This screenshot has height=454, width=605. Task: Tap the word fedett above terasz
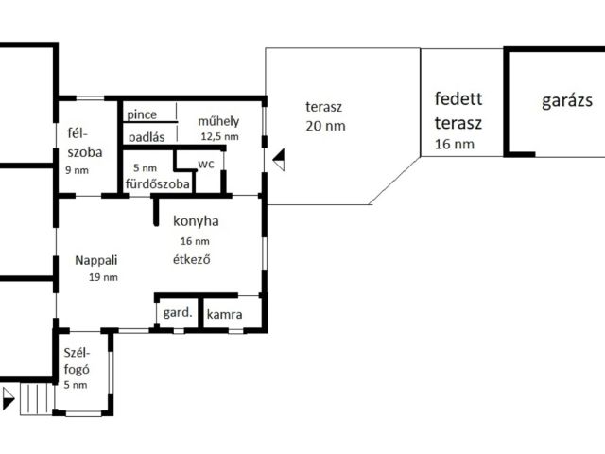(x=458, y=98)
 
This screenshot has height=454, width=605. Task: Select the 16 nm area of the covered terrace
(x=455, y=145)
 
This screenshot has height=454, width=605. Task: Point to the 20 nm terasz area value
(x=325, y=125)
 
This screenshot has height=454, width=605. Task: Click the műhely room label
(x=217, y=121)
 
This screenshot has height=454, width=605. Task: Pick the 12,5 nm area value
(x=219, y=136)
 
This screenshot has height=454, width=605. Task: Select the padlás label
(x=147, y=137)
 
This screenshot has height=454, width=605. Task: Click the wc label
(x=206, y=163)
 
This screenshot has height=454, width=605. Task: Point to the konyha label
(x=196, y=222)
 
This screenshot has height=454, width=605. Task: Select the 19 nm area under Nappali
(x=103, y=277)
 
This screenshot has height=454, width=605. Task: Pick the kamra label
(x=225, y=313)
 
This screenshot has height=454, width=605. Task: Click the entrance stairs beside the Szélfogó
(x=34, y=398)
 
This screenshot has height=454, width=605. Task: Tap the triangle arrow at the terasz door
(x=278, y=159)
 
